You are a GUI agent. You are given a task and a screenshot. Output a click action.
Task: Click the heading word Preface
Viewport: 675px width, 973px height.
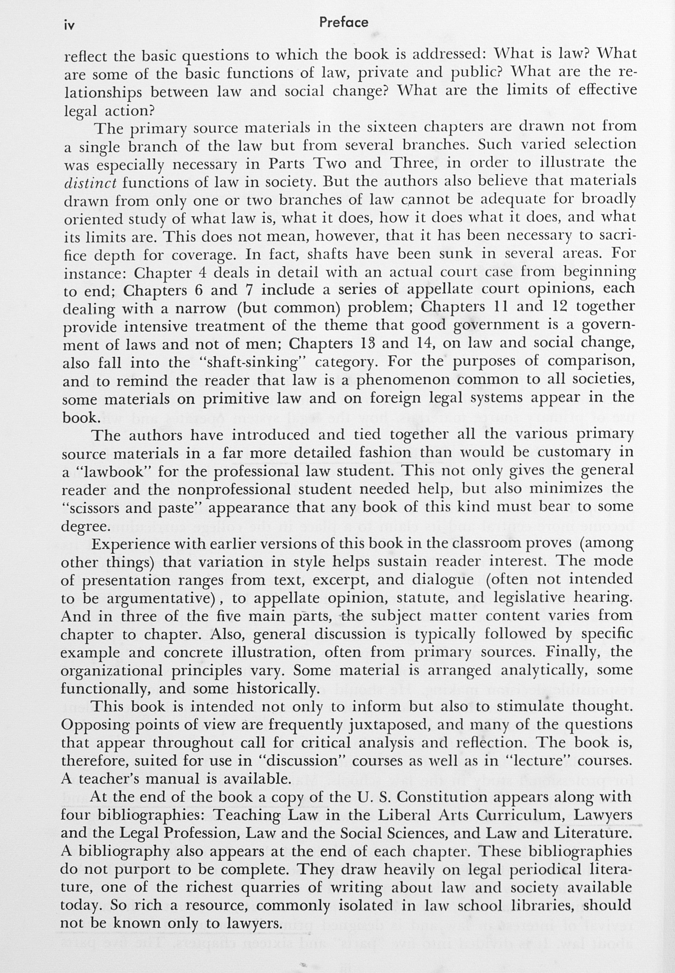tap(344, 22)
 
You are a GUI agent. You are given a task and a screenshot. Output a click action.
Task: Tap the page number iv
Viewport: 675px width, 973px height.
tap(70, 26)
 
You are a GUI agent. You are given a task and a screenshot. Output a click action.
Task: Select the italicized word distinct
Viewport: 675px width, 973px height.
tap(90, 182)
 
